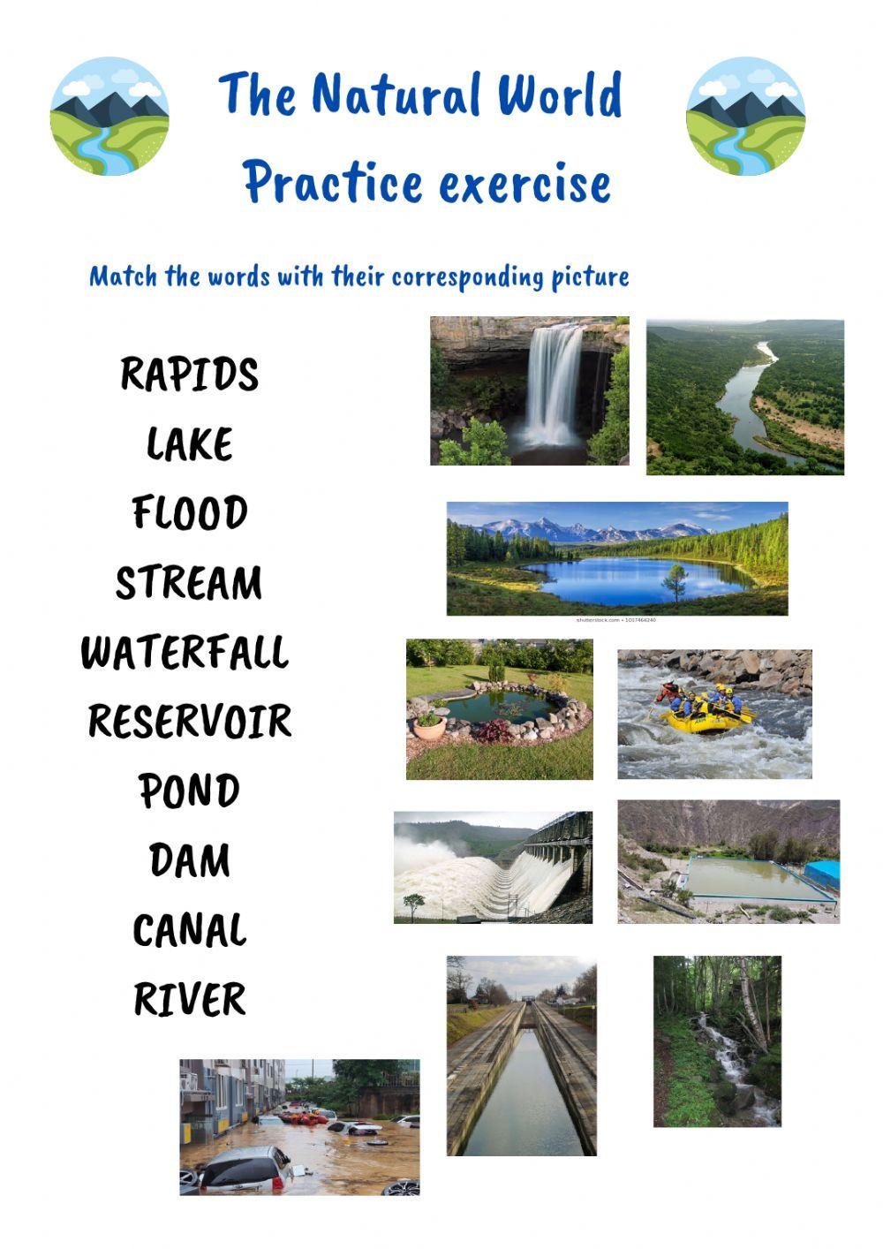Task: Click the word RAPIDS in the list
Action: pyautogui.click(x=189, y=375)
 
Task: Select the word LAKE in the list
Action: pyautogui.click(x=189, y=444)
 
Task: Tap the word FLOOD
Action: pyautogui.click(x=189, y=513)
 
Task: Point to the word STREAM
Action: pyautogui.click(x=189, y=583)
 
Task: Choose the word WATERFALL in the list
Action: pyautogui.click(x=185, y=653)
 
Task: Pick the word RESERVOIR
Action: pyautogui.click(x=190, y=722)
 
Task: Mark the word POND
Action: pyautogui.click(x=189, y=791)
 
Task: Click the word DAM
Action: pyautogui.click(x=189, y=860)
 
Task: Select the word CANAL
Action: pyautogui.click(x=189, y=930)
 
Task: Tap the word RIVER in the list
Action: pyautogui.click(x=189, y=1000)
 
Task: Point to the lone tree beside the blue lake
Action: pyautogui.click(x=675, y=580)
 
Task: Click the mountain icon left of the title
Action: pyautogui.click(x=109, y=117)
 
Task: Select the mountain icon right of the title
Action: pyautogui.click(x=745, y=117)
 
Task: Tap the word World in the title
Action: pyautogui.click(x=559, y=95)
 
